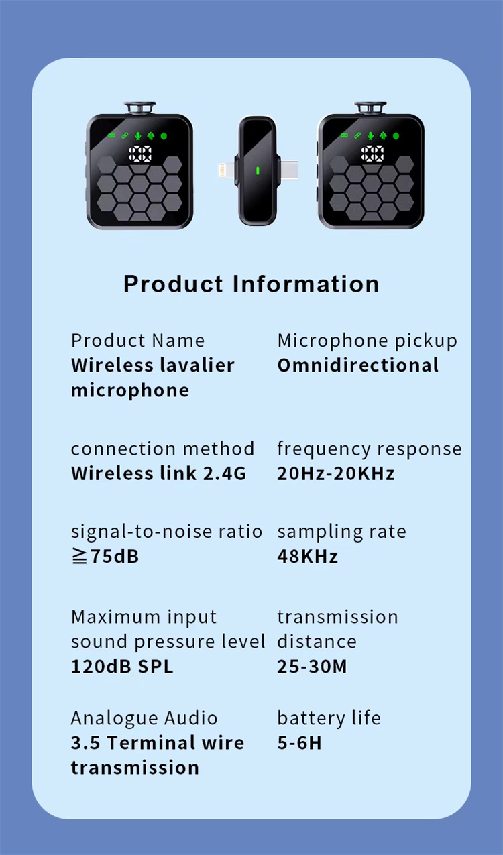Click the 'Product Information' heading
point(251,284)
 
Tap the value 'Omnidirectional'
point(358,365)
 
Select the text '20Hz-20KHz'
point(336,473)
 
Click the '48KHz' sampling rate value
point(308,557)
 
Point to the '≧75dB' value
point(105,557)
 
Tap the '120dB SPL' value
point(122,667)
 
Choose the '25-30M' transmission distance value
point(312,667)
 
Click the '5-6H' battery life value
point(300,743)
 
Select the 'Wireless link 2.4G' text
point(159,473)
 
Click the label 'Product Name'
point(137,341)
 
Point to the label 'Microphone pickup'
point(367,341)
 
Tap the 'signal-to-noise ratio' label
point(167,532)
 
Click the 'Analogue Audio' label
point(144,718)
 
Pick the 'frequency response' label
point(370,449)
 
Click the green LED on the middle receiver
point(258,170)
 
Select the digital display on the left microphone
point(139,154)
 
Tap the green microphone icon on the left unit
point(137,136)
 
